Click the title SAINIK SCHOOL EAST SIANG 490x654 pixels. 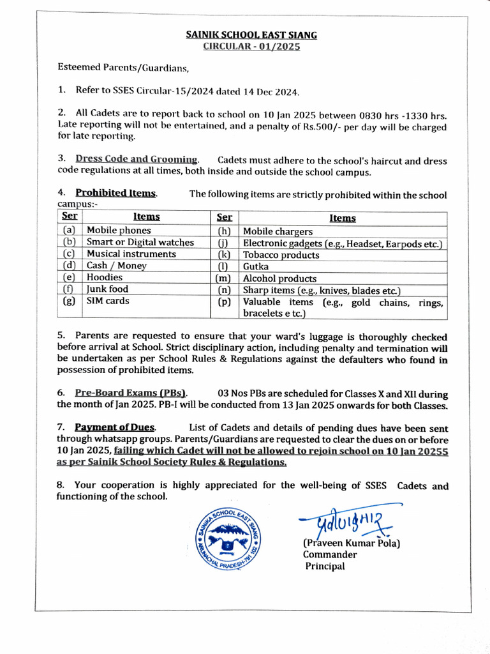(x=251, y=35)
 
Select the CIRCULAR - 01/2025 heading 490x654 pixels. (x=251, y=47)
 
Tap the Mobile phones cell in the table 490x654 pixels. (x=119, y=230)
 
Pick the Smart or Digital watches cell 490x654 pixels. (x=140, y=242)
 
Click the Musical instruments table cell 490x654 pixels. (x=131, y=254)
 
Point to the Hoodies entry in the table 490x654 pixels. (x=105, y=277)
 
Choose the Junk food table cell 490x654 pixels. (x=107, y=289)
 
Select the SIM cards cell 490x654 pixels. (x=108, y=300)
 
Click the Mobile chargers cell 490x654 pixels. (x=278, y=231)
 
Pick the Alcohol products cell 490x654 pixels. (x=279, y=278)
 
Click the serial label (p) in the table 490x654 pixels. (x=223, y=302)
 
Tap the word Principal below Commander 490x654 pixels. (x=324, y=566)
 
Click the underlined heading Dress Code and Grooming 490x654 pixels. (x=137, y=159)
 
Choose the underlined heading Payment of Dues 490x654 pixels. (x=115, y=427)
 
